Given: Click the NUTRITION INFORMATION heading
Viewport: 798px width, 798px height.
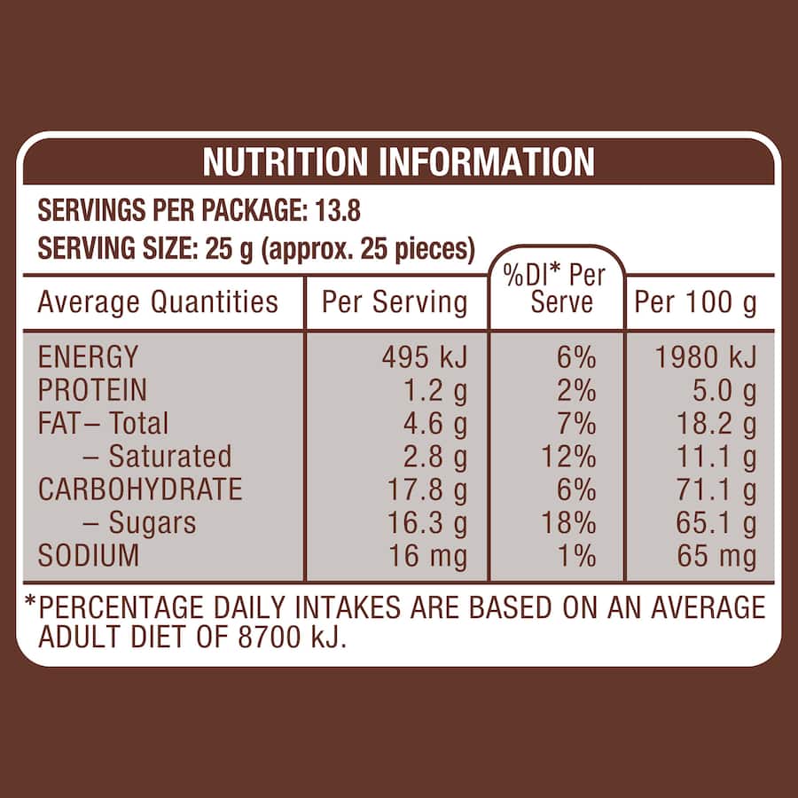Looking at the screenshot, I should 398,162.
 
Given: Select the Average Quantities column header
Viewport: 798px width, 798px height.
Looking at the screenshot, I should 158,302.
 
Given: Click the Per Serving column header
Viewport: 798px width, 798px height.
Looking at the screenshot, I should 394,302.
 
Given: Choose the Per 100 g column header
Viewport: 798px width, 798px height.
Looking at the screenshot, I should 696,302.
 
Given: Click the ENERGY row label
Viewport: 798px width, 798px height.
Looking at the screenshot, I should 88,356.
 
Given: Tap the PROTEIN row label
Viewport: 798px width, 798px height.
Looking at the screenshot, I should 92,390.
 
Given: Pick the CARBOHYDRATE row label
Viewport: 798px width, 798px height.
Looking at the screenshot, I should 139,489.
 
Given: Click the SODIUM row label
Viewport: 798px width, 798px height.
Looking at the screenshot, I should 88,556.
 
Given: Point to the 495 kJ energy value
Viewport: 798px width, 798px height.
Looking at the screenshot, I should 424,356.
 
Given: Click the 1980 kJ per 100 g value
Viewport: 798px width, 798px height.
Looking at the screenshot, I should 706,356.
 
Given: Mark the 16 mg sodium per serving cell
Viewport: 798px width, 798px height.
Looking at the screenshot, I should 428,556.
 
